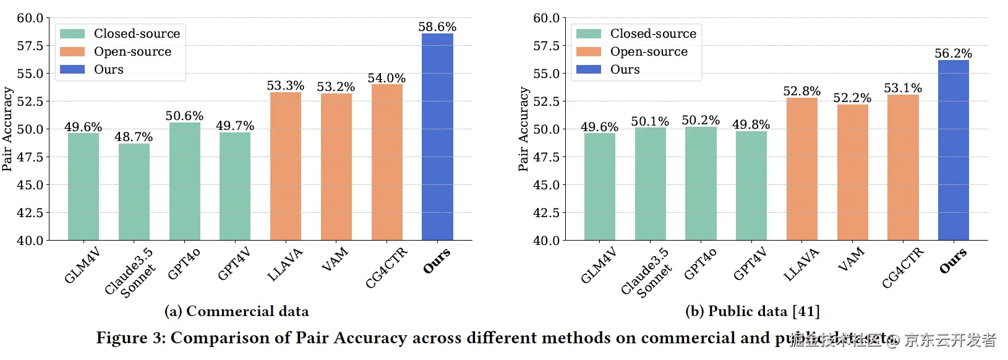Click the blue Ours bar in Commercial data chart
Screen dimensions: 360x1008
pos(437,137)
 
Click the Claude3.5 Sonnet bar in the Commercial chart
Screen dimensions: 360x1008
pos(134,192)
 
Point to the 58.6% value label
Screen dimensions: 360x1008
pos(437,27)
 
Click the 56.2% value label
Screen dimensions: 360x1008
pos(953,53)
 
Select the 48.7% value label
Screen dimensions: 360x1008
pos(134,137)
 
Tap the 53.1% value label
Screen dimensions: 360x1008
pos(903,88)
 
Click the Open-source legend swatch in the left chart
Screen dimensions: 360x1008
pos(72,51)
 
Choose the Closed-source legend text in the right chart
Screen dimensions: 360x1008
pos(653,33)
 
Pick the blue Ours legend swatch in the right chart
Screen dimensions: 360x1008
pos(588,69)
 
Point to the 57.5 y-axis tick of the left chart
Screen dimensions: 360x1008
pos(30,46)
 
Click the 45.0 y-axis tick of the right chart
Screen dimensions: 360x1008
pos(546,185)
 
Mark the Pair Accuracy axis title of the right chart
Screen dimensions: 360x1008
pos(523,129)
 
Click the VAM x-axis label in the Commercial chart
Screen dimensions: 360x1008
pos(335,259)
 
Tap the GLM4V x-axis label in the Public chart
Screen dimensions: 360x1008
pos(599,265)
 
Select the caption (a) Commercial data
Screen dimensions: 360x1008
pos(237,311)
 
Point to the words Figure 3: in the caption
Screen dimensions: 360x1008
pos(130,338)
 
